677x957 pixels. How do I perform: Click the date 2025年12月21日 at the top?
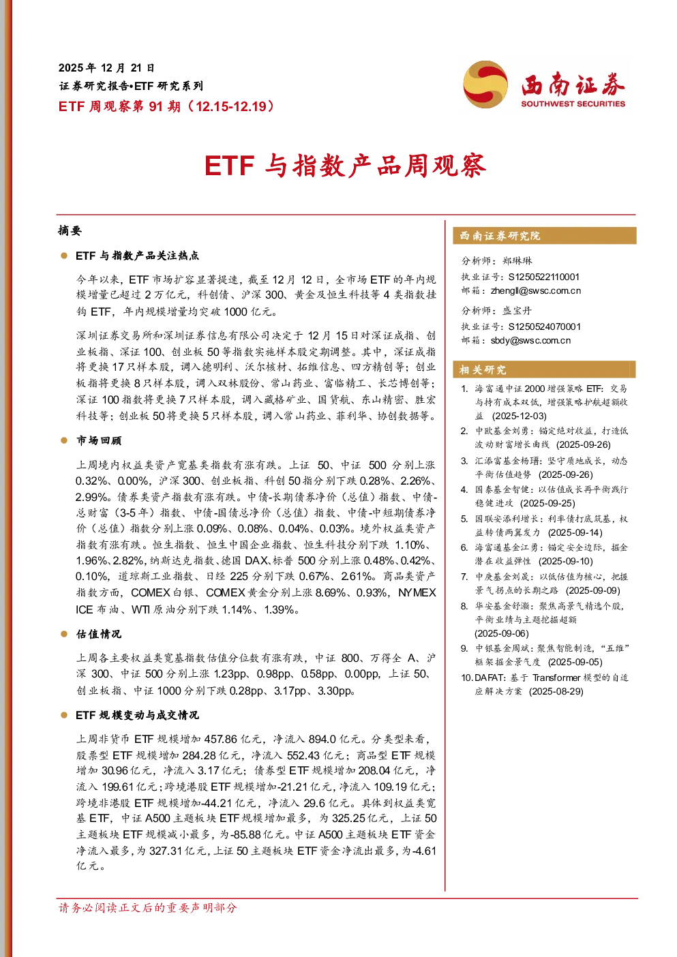(106, 68)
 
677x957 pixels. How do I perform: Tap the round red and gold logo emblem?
(485, 84)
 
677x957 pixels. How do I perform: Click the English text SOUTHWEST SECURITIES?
(573, 104)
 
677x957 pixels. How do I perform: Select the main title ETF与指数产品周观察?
(346, 166)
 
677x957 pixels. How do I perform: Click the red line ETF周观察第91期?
(166, 106)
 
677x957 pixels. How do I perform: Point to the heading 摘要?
(70, 230)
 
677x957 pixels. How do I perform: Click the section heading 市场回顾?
(99, 440)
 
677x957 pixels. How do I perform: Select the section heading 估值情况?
(99, 634)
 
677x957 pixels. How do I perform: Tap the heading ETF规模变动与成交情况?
(137, 715)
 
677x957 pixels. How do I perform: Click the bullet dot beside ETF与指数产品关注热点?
(64, 256)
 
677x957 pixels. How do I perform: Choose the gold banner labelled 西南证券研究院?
(545, 236)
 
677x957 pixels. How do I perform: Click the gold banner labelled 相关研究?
(545, 369)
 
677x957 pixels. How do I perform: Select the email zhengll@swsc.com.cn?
(535, 291)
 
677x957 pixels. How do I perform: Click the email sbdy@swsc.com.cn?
(530, 341)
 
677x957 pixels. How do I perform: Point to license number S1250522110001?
(543, 277)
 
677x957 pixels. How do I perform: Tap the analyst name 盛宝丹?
(517, 311)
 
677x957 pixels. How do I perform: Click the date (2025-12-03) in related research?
(520, 416)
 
